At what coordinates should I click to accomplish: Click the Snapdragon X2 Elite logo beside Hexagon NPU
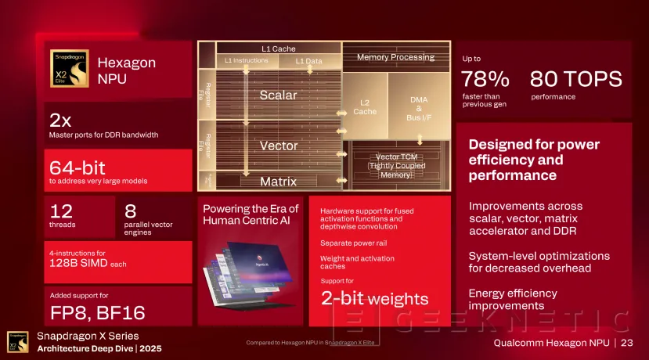[70, 69]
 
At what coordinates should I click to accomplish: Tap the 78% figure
[485, 79]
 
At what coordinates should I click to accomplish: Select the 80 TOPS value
[575, 79]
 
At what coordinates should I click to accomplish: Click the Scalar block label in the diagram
[278, 95]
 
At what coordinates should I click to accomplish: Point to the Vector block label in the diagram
[278, 146]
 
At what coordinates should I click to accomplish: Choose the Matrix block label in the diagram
[278, 182]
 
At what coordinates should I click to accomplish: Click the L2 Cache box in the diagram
[364, 106]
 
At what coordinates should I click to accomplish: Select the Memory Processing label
[395, 57]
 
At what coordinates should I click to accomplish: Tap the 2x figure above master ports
[60, 120]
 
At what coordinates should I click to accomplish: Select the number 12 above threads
[61, 211]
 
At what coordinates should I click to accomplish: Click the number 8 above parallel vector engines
[130, 211]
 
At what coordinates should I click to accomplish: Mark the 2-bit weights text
[374, 298]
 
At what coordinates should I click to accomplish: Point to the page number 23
[626, 343]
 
